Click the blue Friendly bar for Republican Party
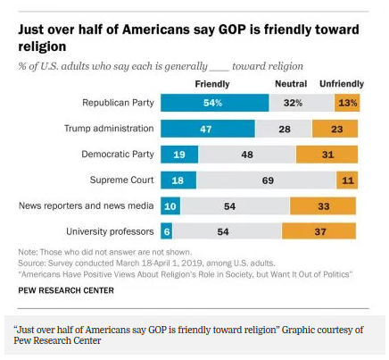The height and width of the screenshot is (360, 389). [213, 103]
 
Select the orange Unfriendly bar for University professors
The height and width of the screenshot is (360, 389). [320, 231]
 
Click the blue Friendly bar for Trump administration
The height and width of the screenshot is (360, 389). [206, 129]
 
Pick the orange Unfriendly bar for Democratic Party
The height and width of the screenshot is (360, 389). [327, 154]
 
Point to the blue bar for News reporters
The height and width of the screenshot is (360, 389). [170, 205]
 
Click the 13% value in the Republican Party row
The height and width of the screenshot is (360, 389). [347, 103]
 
